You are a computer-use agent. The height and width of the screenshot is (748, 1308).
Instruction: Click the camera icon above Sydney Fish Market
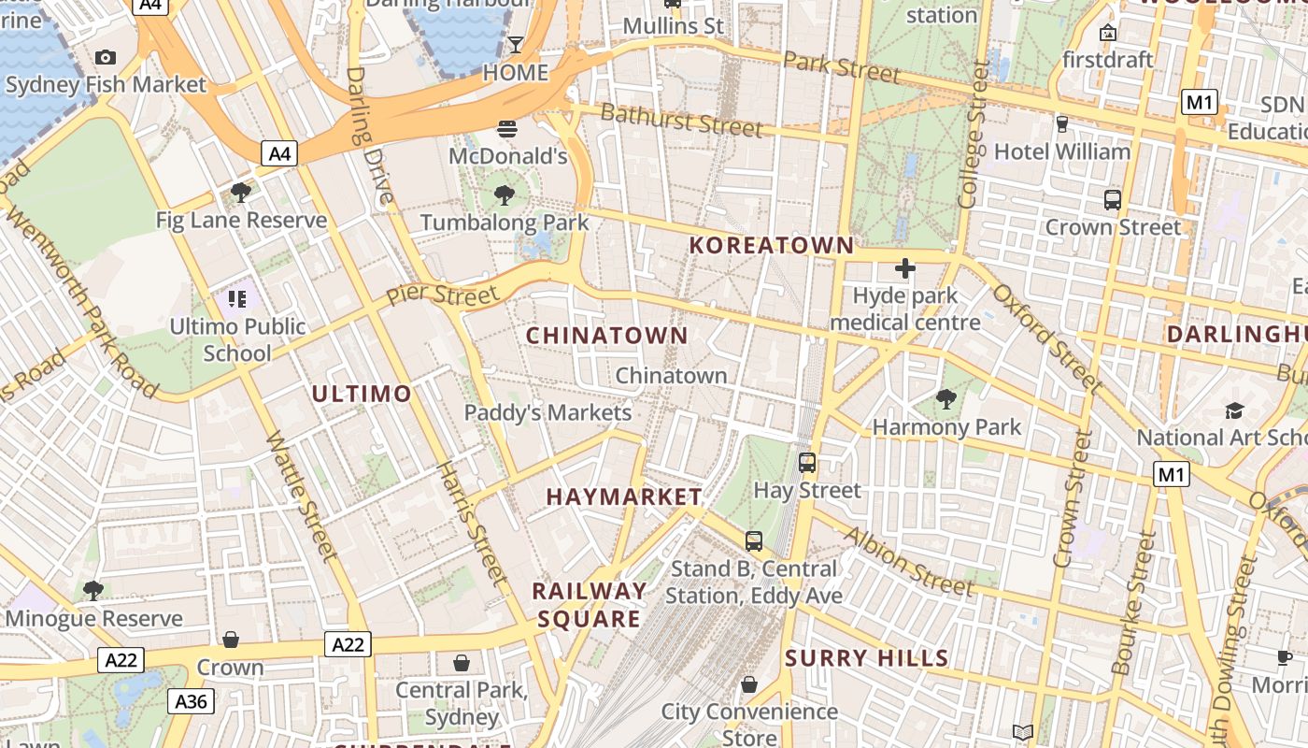click(x=106, y=58)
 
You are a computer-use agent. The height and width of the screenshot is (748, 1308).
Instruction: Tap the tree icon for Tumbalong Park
click(x=505, y=195)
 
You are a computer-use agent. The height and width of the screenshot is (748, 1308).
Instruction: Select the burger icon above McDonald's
click(x=507, y=128)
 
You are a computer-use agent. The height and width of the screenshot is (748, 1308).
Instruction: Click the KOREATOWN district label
click(x=771, y=246)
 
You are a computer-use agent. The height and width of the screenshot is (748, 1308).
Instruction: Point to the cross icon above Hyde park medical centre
click(x=904, y=269)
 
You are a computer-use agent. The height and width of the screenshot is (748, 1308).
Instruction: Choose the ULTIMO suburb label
click(x=362, y=394)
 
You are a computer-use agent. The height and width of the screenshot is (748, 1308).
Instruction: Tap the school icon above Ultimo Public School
click(x=237, y=299)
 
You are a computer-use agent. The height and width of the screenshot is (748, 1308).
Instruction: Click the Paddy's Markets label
click(x=547, y=412)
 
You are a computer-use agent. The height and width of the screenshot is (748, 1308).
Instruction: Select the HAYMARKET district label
click(x=624, y=496)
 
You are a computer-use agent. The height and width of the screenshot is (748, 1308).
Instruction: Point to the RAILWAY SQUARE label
click(x=589, y=605)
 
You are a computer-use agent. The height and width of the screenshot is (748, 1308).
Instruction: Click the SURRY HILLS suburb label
click(x=867, y=658)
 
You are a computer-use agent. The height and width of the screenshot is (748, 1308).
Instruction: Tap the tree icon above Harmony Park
click(x=946, y=400)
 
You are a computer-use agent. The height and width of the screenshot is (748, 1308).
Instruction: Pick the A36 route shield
click(x=192, y=701)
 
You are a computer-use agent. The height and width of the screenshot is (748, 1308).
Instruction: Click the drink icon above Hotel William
click(x=1061, y=123)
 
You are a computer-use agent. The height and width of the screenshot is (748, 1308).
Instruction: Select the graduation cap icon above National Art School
click(x=1234, y=410)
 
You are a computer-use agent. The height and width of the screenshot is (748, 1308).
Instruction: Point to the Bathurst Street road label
click(x=681, y=119)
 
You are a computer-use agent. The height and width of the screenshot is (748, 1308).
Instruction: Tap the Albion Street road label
click(x=909, y=560)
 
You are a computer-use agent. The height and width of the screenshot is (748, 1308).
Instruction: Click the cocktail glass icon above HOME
click(x=515, y=45)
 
